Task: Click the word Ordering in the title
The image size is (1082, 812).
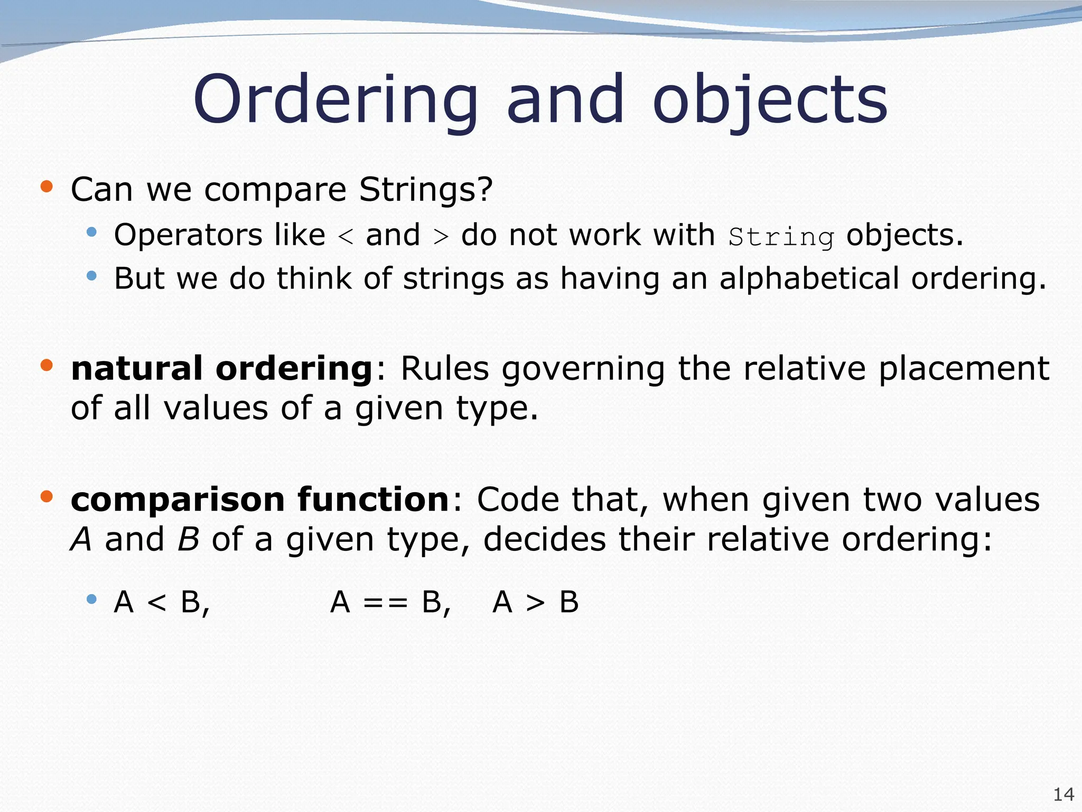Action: [x=335, y=100]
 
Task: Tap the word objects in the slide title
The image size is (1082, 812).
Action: [x=770, y=100]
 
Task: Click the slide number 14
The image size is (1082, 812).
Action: [x=1063, y=794]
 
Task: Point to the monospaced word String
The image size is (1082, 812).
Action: [x=781, y=237]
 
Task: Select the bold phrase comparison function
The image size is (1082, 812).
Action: [x=259, y=499]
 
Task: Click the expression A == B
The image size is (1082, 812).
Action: [x=390, y=602]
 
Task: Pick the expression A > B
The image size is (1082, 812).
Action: [x=535, y=602]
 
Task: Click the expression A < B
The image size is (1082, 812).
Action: [x=161, y=602]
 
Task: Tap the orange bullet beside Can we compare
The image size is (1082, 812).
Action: [x=47, y=186]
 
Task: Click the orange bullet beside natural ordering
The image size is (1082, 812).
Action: [x=47, y=365]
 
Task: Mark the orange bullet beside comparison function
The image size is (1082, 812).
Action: [x=47, y=496]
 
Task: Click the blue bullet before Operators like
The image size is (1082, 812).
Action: [x=92, y=232]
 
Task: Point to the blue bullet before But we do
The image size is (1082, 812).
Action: [x=92, y=275]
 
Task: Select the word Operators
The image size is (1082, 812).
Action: [x=188, y=235]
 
